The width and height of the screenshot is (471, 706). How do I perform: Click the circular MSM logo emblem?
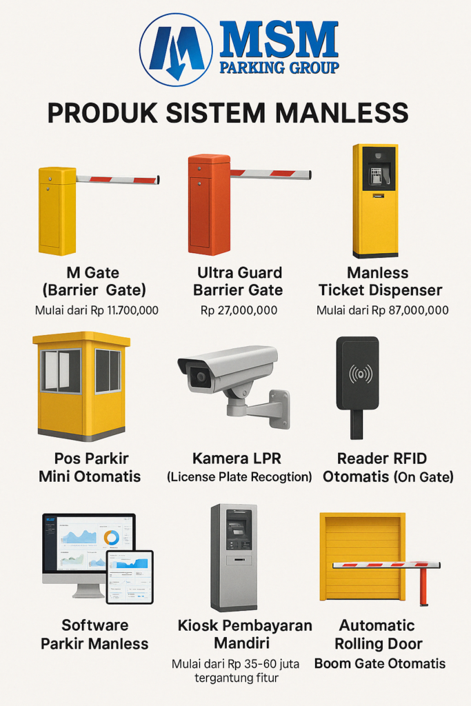tap(176, 50)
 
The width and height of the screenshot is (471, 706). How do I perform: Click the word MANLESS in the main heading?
tap(342, 112)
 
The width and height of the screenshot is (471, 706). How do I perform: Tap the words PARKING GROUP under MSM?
tap(279, 68)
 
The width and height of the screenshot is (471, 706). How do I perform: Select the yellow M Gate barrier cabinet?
tap(57, 211)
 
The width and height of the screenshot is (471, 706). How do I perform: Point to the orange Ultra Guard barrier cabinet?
tap(209, 204)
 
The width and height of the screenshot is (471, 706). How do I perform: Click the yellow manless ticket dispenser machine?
tap(376, 201)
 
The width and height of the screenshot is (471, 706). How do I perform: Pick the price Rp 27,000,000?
tap(239, 310)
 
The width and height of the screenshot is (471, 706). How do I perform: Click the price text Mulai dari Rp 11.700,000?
tap(97, 310)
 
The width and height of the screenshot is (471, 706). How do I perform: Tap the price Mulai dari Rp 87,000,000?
tap(382, 310)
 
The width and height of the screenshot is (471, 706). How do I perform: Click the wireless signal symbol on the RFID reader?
tap(361, 374)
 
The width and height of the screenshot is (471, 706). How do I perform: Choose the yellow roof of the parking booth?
tap(81, 339)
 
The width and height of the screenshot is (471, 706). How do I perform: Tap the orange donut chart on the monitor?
tap(111, 538)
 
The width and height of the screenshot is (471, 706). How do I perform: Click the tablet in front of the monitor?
tap(130, 577)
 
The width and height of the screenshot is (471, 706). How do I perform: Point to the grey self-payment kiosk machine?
tap(234, 557)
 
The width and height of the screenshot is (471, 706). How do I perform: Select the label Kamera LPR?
tap(237, 458)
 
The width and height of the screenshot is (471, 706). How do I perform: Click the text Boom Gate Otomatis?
tap(380, 663)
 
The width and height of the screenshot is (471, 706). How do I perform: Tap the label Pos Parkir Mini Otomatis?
tap(90, 467)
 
